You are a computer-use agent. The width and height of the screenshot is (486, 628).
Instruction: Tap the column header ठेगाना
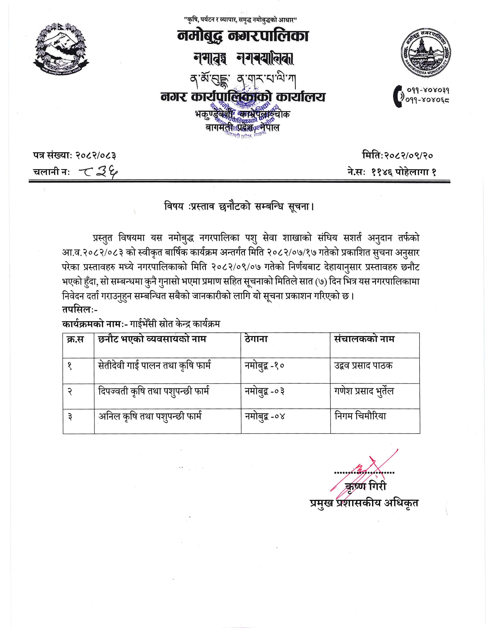256,339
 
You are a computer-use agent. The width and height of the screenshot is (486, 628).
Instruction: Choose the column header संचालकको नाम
364,339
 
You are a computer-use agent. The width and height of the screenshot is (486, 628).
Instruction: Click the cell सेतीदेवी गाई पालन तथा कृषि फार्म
155,366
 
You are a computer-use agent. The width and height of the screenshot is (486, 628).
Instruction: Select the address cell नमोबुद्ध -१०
264,366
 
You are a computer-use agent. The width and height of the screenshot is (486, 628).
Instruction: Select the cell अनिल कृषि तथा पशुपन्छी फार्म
150,416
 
